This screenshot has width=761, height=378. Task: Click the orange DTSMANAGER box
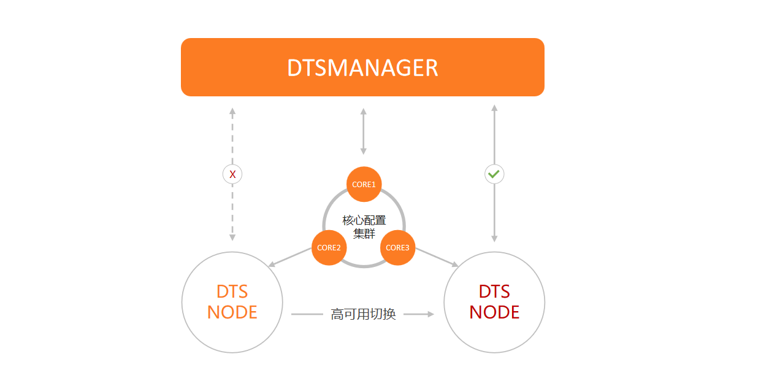pos(362,67)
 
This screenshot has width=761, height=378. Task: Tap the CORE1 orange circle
pos(364,184)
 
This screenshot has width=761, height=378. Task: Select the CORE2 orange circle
pos(329,247)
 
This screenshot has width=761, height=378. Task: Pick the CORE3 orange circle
pos(397,247)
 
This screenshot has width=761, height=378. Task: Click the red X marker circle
pos(232,174)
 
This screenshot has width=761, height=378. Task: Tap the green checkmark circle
pos(494,174)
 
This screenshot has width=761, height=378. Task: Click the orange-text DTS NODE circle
pos(232,302)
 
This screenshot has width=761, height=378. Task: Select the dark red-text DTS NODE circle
pos(494,302)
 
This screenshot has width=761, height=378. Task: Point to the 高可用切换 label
pos(363,314)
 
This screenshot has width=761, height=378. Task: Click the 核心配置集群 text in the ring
pos(364,226)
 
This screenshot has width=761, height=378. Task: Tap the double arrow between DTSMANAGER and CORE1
pos(364,131)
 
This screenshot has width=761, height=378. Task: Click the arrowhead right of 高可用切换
pos(430,314)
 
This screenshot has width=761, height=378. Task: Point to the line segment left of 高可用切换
pos(307,314)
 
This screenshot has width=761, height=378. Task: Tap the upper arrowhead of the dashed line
pos(232,112)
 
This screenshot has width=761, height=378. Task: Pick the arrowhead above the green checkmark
pos(494,109)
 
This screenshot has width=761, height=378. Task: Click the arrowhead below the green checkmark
pos(494,238)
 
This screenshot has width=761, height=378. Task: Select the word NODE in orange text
pos(232,312)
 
